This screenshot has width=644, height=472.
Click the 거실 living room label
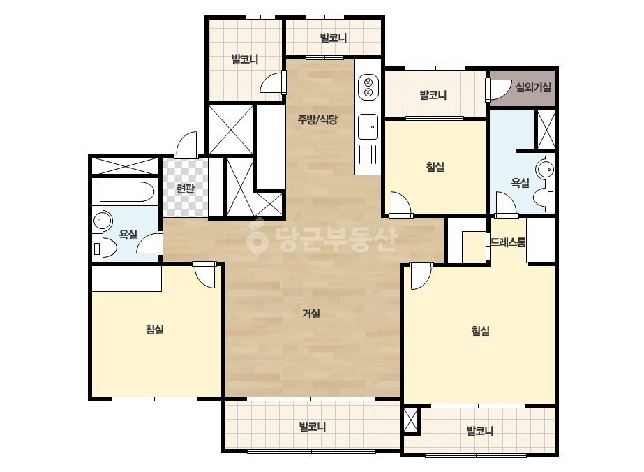point(311,314)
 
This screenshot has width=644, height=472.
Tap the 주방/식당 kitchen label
point(317,119)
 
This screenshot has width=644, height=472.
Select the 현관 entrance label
point(185,189)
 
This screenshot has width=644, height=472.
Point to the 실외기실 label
point(533,87)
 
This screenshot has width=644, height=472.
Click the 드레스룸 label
point(508,242)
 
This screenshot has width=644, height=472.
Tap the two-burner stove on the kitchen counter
point(368,87)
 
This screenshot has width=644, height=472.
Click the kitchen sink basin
point(368,127)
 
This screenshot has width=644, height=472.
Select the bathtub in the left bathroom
point(126,191)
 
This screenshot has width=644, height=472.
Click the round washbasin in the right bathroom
point(546,169)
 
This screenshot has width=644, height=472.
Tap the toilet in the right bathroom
point(545,198)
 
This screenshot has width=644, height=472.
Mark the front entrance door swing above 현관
point(186,145)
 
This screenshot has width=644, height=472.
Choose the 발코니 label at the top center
point(333,38)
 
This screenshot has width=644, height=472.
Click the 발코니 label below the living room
point(312,427)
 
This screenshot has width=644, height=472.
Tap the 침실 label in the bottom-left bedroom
point(155,330)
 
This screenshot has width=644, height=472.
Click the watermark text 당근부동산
point(322,239)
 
